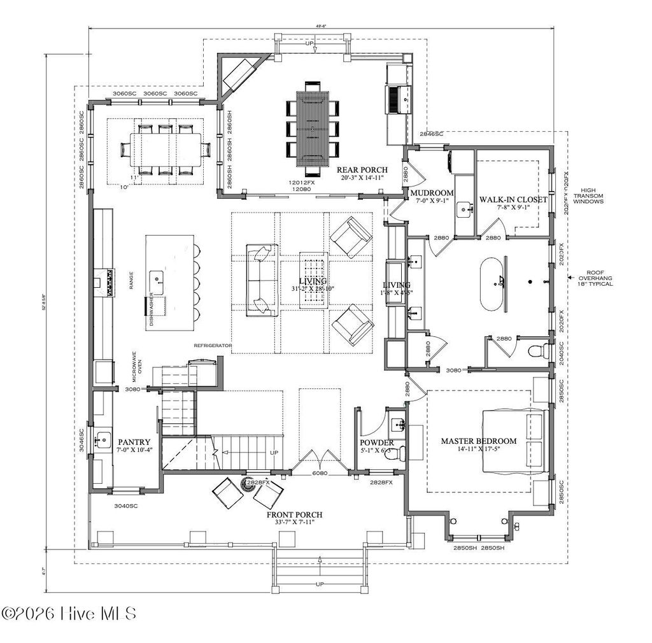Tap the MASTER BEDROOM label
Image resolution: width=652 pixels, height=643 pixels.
[479, 441]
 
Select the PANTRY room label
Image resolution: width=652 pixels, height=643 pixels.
[134, 442]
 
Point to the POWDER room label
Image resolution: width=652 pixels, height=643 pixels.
[377, 443]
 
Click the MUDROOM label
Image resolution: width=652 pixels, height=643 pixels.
[432, 193]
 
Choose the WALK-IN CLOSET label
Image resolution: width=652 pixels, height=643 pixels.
[513, 199]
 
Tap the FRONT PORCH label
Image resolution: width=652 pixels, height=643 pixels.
[294, 514]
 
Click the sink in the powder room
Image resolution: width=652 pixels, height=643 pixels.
[398, 423]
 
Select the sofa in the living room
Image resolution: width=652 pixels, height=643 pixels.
[260, 280]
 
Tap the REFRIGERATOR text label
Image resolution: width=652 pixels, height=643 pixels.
[213, 346]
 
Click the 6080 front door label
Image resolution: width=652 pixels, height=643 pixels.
[320, 474]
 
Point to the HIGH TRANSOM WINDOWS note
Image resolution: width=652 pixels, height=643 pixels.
[592, 196]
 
